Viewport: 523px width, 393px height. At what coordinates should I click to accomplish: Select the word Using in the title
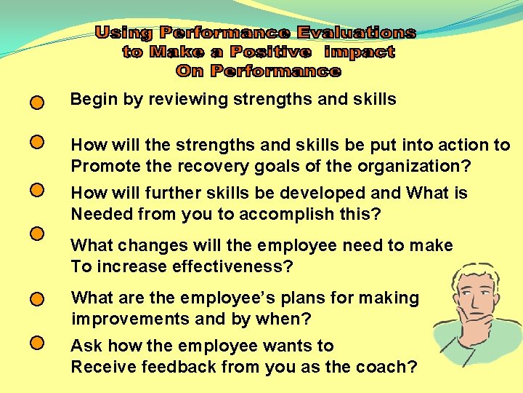(x=125, y=33)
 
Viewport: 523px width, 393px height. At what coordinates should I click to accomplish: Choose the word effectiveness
(x=232, y=266)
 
